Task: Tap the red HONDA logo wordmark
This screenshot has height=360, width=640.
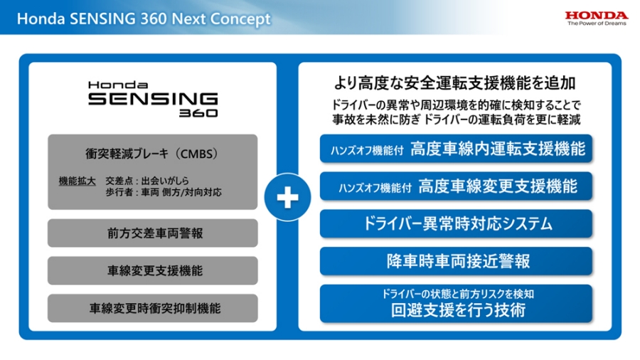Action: (597, 15)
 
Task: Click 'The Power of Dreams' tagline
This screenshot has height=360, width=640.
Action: (597, 23)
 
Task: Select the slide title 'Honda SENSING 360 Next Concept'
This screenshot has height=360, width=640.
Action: (144, 18)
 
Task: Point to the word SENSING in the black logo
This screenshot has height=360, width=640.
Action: (152, 98)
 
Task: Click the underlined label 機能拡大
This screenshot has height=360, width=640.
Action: (77, 181)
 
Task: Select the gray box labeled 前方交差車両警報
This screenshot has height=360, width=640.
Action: (152, 233)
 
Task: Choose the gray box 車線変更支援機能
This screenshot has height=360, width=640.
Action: (152, 270)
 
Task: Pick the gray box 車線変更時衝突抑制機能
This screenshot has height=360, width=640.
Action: (152, 308)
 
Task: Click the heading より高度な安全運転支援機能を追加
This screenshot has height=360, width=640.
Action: (455, 82)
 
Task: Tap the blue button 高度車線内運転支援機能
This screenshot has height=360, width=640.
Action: (456, 149)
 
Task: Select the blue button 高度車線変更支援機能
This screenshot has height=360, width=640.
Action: (456, 186)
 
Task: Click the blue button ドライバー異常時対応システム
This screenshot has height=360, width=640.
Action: (456, 223)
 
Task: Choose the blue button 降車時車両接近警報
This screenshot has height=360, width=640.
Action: (456, 261)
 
